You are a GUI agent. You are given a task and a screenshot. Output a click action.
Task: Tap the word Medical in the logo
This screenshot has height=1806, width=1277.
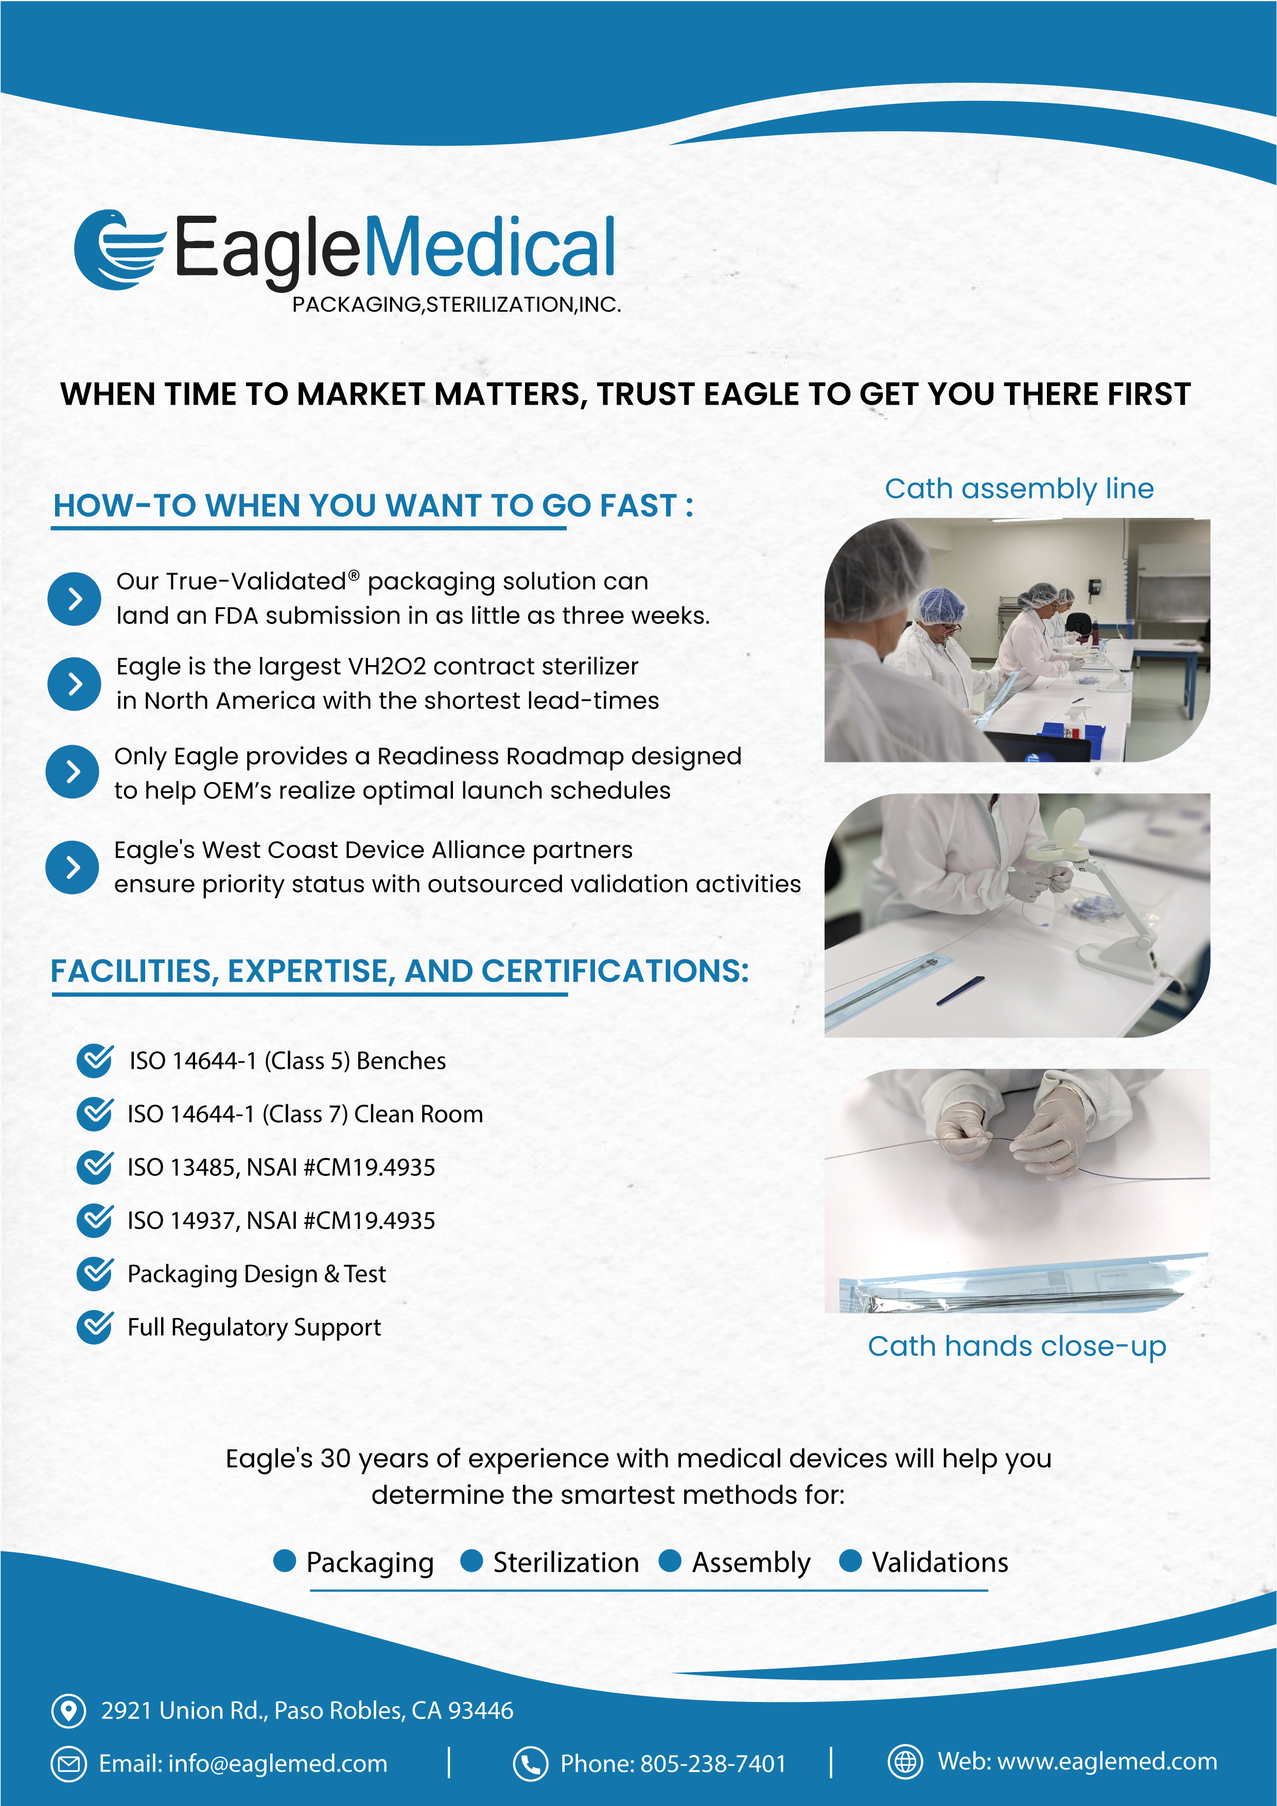489,247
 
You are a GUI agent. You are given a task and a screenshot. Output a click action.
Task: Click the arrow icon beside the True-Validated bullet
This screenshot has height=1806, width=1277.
74,599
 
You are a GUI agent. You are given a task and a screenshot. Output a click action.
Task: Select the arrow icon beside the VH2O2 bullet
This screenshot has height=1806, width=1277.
74,684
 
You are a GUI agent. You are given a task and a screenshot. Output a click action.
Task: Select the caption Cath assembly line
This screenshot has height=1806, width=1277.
1019,489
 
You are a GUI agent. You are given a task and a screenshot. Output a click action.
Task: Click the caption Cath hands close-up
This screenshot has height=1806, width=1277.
1017,1347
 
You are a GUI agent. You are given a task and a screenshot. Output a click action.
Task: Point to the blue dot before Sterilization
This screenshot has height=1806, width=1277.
471,1560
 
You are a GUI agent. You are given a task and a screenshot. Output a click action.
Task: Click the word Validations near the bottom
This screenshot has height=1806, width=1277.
940,1562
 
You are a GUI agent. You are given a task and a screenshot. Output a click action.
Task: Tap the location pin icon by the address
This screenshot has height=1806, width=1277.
68,1710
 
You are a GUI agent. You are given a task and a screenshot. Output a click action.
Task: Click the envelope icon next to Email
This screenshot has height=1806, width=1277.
68,1763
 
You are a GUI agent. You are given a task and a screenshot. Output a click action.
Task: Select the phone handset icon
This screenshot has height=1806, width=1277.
531,1763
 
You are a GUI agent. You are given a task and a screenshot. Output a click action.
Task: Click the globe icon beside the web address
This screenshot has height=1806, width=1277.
905,1761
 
